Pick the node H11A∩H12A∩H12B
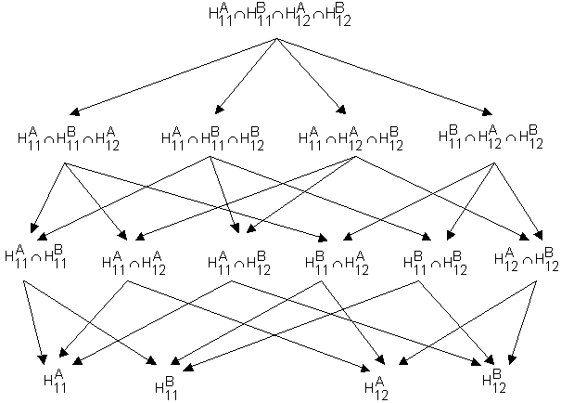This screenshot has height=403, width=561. (x=351, y=139)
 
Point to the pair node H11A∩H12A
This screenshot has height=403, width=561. (x=134, y=263)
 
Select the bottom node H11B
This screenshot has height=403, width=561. (x=163, y=383)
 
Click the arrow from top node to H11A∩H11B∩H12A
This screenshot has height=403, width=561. (x=171, y=76)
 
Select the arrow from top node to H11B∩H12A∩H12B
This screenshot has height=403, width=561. (x=385, y=76)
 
